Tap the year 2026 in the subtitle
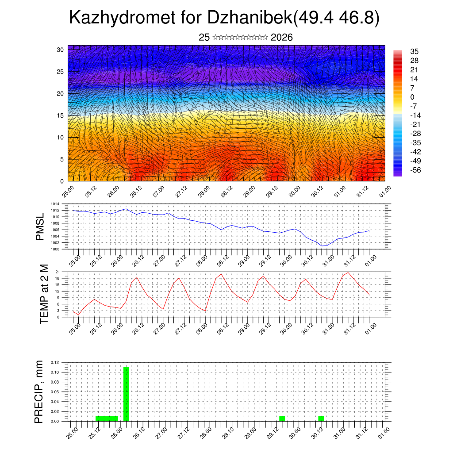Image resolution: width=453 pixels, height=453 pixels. (x=281, y=37)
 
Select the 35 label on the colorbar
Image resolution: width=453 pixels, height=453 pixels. (x=414, y=51)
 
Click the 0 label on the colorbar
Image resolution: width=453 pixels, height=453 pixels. (x=412, y=97)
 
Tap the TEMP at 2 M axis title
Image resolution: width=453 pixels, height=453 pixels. (x=44, y=294)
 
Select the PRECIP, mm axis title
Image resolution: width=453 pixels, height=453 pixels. (x=39, y=391)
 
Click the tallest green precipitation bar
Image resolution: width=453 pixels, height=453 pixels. (x=126, y=394)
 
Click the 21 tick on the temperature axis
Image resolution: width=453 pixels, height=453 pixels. (x=58, y=272)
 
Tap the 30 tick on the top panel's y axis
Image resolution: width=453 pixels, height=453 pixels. (x=60, y=50)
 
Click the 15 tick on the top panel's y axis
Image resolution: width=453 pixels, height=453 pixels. (x=60, y=115)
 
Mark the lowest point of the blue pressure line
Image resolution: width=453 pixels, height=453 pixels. (x=323, y=246)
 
